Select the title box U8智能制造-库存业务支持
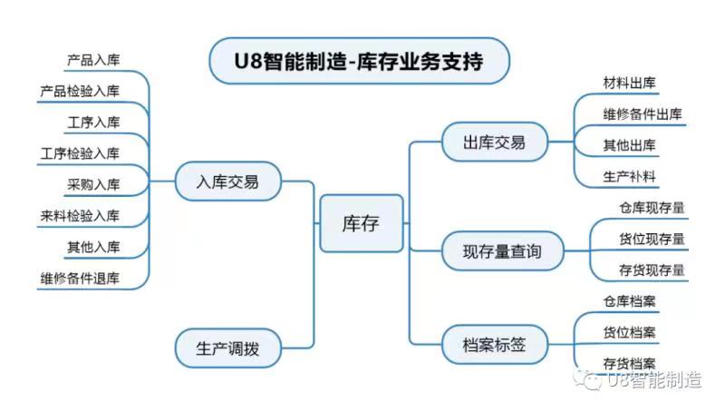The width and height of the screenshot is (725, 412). (x=359, y=61)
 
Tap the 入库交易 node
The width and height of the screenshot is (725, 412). (x=227, y=181)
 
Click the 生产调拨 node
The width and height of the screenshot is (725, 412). (x=227, y=348)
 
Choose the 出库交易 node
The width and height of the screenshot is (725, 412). (x=493, y=142)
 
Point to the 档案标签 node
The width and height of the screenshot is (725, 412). (x=493, y=344)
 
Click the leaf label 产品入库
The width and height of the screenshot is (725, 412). (x=92, y=60)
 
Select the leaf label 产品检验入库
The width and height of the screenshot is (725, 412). (x=80, y=91)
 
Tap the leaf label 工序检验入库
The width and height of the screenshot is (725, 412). (x=80, y=152)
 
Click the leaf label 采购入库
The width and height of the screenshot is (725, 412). (x=92, y=184)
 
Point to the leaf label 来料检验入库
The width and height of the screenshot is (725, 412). (x=80, y=215)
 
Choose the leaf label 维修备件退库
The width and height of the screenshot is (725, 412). (x=80, y=278)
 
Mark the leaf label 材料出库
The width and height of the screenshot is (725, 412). (x=630, y=83)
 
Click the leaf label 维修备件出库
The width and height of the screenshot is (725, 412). (x=643, y=113)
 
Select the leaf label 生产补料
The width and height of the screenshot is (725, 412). (x=630, y=175)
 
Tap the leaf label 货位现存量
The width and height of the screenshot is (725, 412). (x=652, y=239)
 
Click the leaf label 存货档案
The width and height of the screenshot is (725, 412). (x=630, y=362)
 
